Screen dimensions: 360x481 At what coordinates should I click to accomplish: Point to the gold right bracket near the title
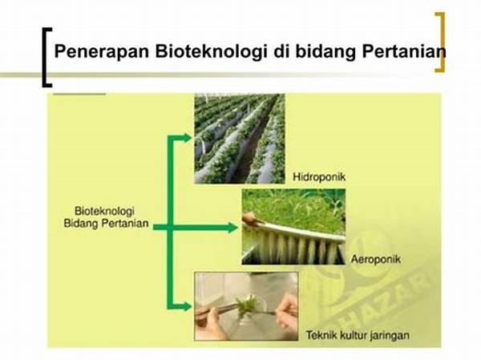pyautogui.click(x=439, y=42)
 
